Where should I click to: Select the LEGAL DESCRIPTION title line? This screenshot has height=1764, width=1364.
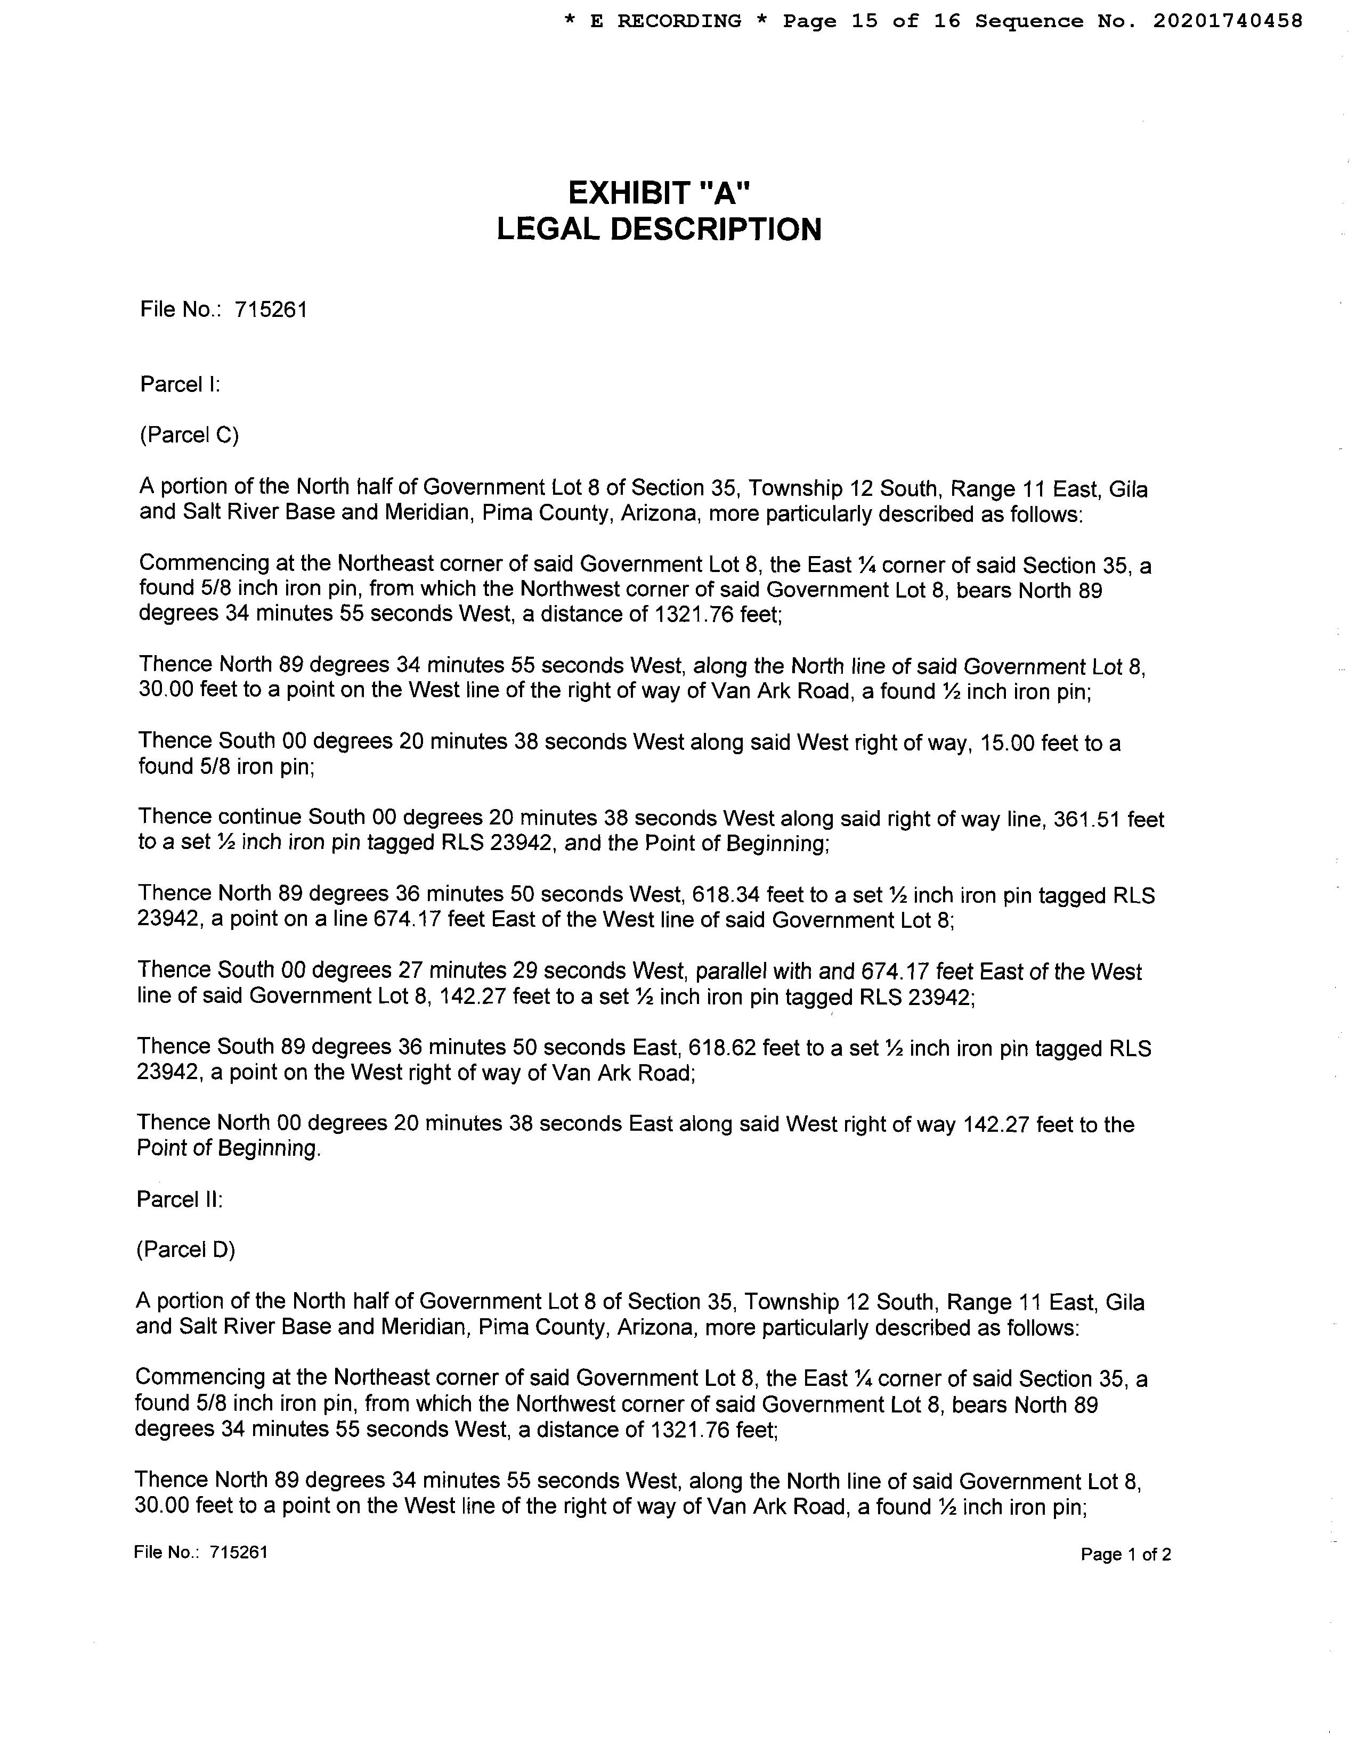click(x=659, y=230)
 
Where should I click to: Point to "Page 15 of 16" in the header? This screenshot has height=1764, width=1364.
click(x=871, y=21)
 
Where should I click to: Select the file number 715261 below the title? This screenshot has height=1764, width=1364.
click(x=271, y=310)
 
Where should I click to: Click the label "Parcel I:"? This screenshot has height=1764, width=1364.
click(x=180, y=385)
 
